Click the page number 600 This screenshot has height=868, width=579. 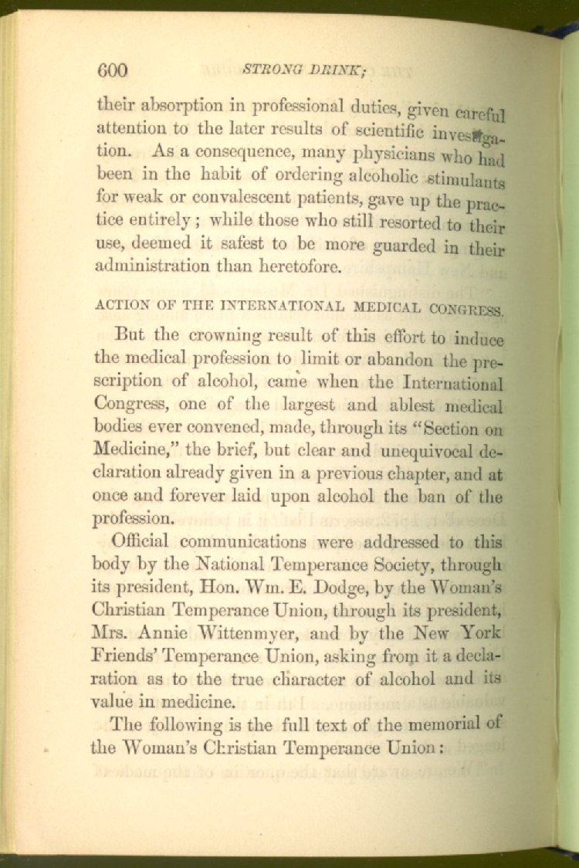click(112, 70)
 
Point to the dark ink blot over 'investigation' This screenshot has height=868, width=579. click(477, 135)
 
